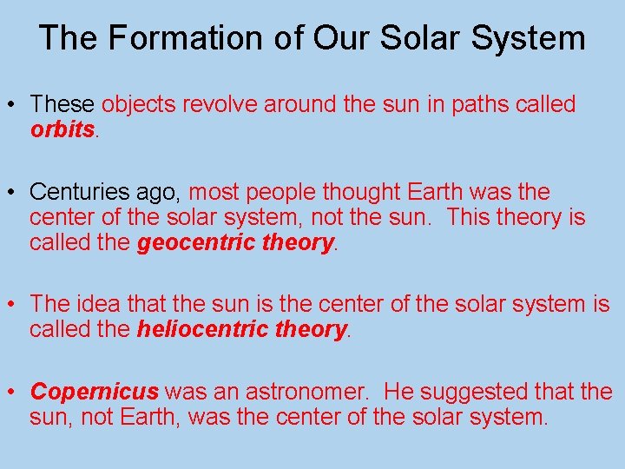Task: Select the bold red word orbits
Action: click(x=62, y=129)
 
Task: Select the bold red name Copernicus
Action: click(x=95, y=392)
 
